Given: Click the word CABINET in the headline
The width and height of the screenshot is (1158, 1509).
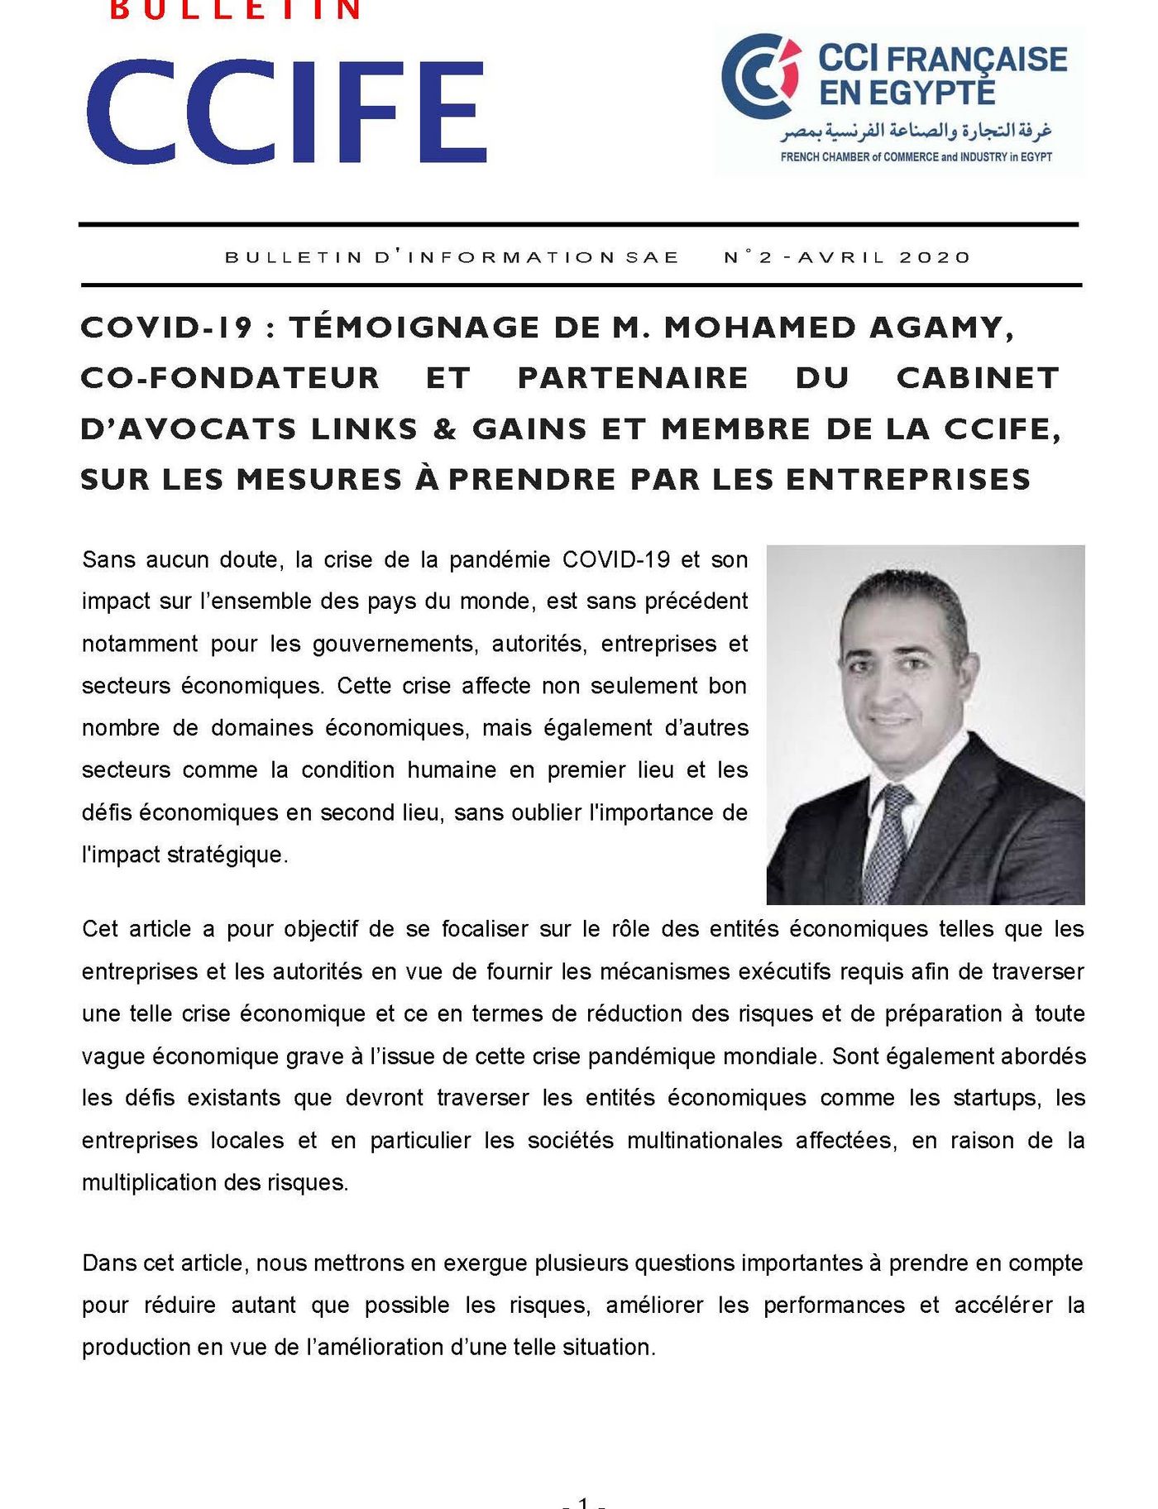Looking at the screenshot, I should coord(978,378).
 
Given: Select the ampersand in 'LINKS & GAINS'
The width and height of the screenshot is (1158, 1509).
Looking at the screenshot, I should coord(445,429).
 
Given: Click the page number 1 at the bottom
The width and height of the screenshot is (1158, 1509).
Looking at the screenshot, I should coord(584,1502).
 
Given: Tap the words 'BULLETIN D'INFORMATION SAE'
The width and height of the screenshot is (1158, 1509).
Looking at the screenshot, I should coord(452,257).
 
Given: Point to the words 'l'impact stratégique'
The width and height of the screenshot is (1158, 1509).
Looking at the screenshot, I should coord(184,855).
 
